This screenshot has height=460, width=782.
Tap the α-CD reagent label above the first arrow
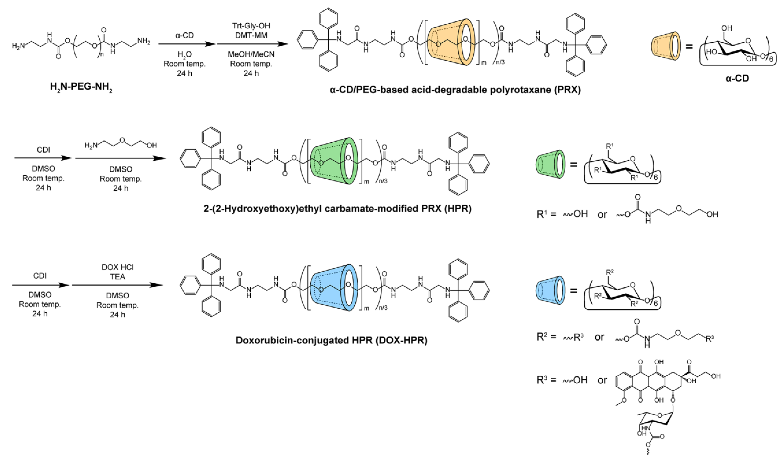(x=184, y=35)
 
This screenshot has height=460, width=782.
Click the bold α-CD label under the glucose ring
(x=737, y=78)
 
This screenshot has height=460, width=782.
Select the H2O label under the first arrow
(x=184, y=54)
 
